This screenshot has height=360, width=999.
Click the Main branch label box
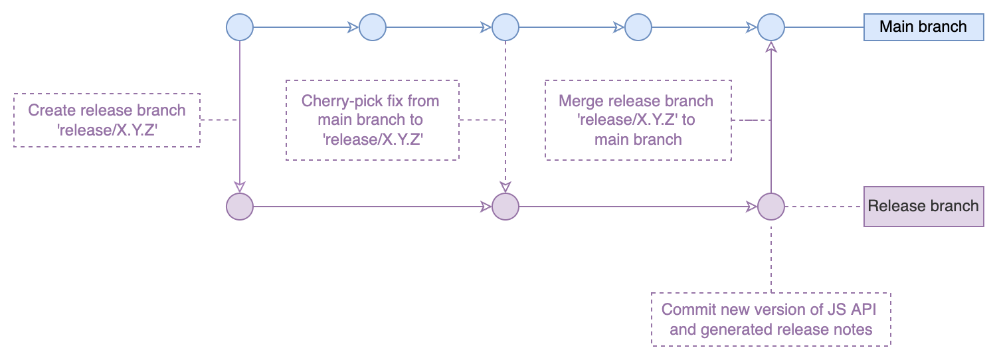923,27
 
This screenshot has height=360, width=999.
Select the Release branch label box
923,206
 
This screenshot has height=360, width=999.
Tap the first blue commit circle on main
239,27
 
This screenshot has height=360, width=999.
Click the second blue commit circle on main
373,27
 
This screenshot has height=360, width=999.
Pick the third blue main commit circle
505,27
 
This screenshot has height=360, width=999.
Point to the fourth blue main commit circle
638,27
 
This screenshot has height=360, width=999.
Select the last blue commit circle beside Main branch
771,27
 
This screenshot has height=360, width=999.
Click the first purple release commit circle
239,207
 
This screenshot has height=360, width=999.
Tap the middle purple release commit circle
505,207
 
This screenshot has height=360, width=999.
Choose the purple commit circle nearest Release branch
771,207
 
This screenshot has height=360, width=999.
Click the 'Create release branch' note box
106,120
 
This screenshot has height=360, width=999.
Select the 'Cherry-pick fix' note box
372,120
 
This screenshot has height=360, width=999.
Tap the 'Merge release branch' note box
638,120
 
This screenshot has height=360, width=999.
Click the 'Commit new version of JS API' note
771,319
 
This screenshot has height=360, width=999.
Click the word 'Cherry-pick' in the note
339,102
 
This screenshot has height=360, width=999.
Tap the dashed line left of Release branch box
824,207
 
